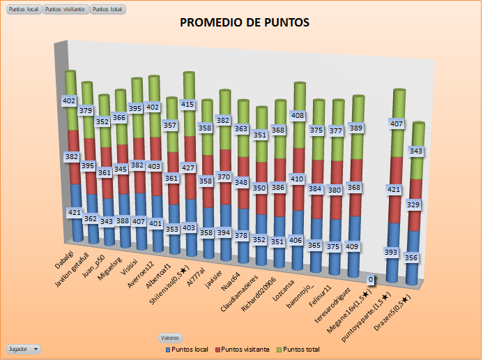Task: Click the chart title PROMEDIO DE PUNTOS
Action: coord(245,23)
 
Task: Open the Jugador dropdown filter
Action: coord(23,348)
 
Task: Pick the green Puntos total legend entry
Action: coord(303,348)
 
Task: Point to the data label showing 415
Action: coord(187,104)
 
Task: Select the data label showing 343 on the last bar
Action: coord(415,151)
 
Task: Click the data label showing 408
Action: coord(298,115)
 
